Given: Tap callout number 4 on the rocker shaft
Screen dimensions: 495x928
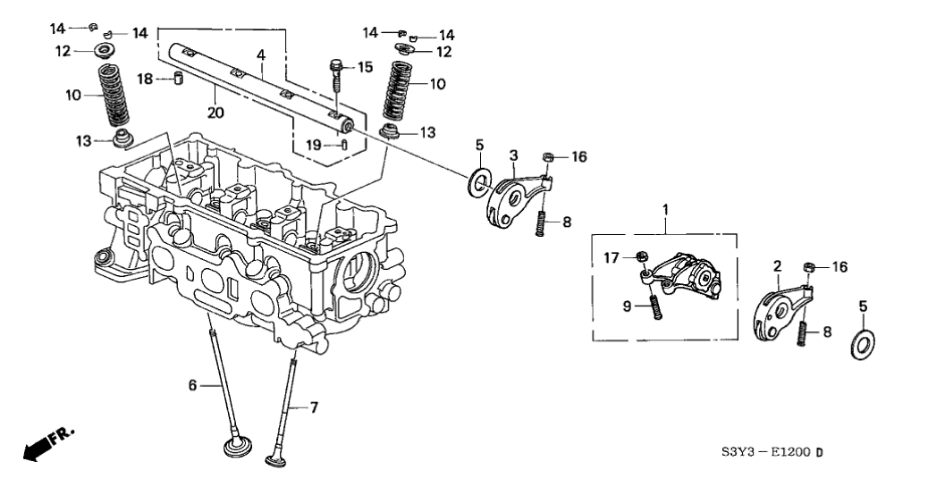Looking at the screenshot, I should pyautogui.click(x=260, y=55).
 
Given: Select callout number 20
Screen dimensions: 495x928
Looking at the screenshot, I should pyautogui.click(x=215, y=112).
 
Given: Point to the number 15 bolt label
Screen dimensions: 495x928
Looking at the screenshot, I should pyautogui.click(x=363, y=67).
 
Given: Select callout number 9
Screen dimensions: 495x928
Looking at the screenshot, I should pyautogui.click(x=629, y=306).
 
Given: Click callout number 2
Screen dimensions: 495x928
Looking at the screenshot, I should pyautogui.click(x=777, y=265).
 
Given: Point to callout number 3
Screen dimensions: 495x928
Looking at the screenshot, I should pyautogui.click(x=514, y=156).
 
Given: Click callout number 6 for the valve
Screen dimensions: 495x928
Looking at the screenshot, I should pyautogui.click(x=190, y=385).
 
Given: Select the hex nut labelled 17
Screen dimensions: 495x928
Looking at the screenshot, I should pyautogui.click(x=642, y=257).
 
